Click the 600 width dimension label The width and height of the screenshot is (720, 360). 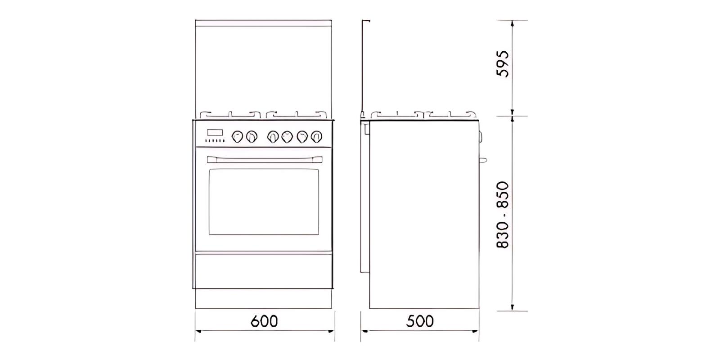point(264,321)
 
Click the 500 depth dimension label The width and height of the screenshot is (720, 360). point(420,321)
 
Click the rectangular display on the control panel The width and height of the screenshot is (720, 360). point(215,132)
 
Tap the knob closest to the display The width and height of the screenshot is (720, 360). point(237,137)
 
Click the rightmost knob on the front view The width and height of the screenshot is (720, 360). point(317,137)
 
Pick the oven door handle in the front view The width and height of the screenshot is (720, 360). point(265,159)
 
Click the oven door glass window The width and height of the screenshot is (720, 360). point(264,202)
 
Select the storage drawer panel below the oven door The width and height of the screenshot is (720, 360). point(264,271)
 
